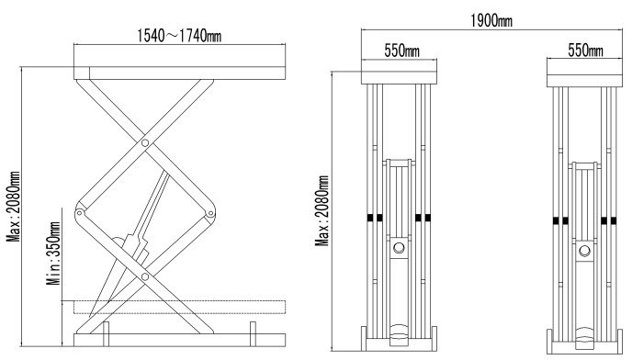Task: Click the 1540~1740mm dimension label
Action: (x=179, y=36)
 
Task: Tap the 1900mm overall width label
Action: (x=491, y=20)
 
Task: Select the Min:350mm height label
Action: (x=53, y=253)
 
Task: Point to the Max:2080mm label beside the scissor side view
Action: (x=13, y=207)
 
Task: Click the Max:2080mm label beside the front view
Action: (x=322, y=210)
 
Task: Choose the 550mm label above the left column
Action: (x=401, y=51)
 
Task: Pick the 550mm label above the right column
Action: (x=586, y=51)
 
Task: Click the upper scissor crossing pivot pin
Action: (x=145, y=142)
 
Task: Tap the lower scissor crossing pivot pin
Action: (x=145, y=276)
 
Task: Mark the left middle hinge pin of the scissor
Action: (x=80, y=212)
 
